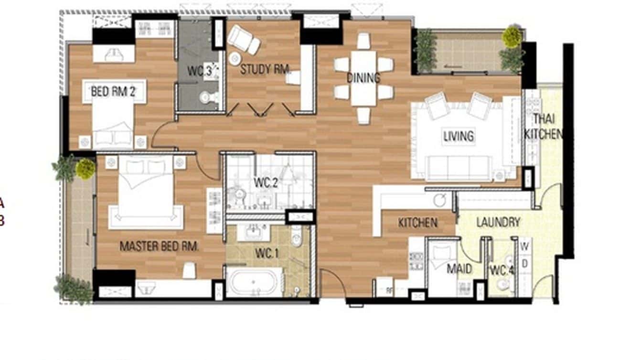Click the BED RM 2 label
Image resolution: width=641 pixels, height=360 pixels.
click(x=113, y=92)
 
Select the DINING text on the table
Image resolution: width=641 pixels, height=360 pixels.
click(x=363, y=78)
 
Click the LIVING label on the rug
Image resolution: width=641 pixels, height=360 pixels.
click(x=459, y=136)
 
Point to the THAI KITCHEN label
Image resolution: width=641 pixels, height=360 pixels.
click(x=543, y=127)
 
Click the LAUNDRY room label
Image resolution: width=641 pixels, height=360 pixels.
click(x=498, y=222)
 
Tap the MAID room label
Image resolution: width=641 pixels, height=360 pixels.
click(x=459, y=269)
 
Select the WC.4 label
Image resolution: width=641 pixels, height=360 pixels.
click(x=502, y=271)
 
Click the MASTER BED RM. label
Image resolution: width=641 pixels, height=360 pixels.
click(x=159, y=246)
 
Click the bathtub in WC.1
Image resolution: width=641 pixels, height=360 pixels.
click(x=255, y=283)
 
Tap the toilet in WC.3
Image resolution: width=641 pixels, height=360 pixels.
click(x=207, y=97)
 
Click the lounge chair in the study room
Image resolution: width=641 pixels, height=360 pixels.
click(x=244, y=40)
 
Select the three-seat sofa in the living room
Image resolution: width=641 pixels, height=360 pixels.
click(x=458, y=167)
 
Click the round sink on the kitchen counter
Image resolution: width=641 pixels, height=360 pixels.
click(x=440, y=200)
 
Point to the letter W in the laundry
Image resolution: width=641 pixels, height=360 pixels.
click(x=524, y=247)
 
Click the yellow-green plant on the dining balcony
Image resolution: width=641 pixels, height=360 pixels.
click(x=512, y=36)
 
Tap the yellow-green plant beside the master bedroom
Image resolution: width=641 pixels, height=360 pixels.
click(x=85, y=169)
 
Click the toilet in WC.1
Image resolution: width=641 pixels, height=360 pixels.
click(x=297, y=238)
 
